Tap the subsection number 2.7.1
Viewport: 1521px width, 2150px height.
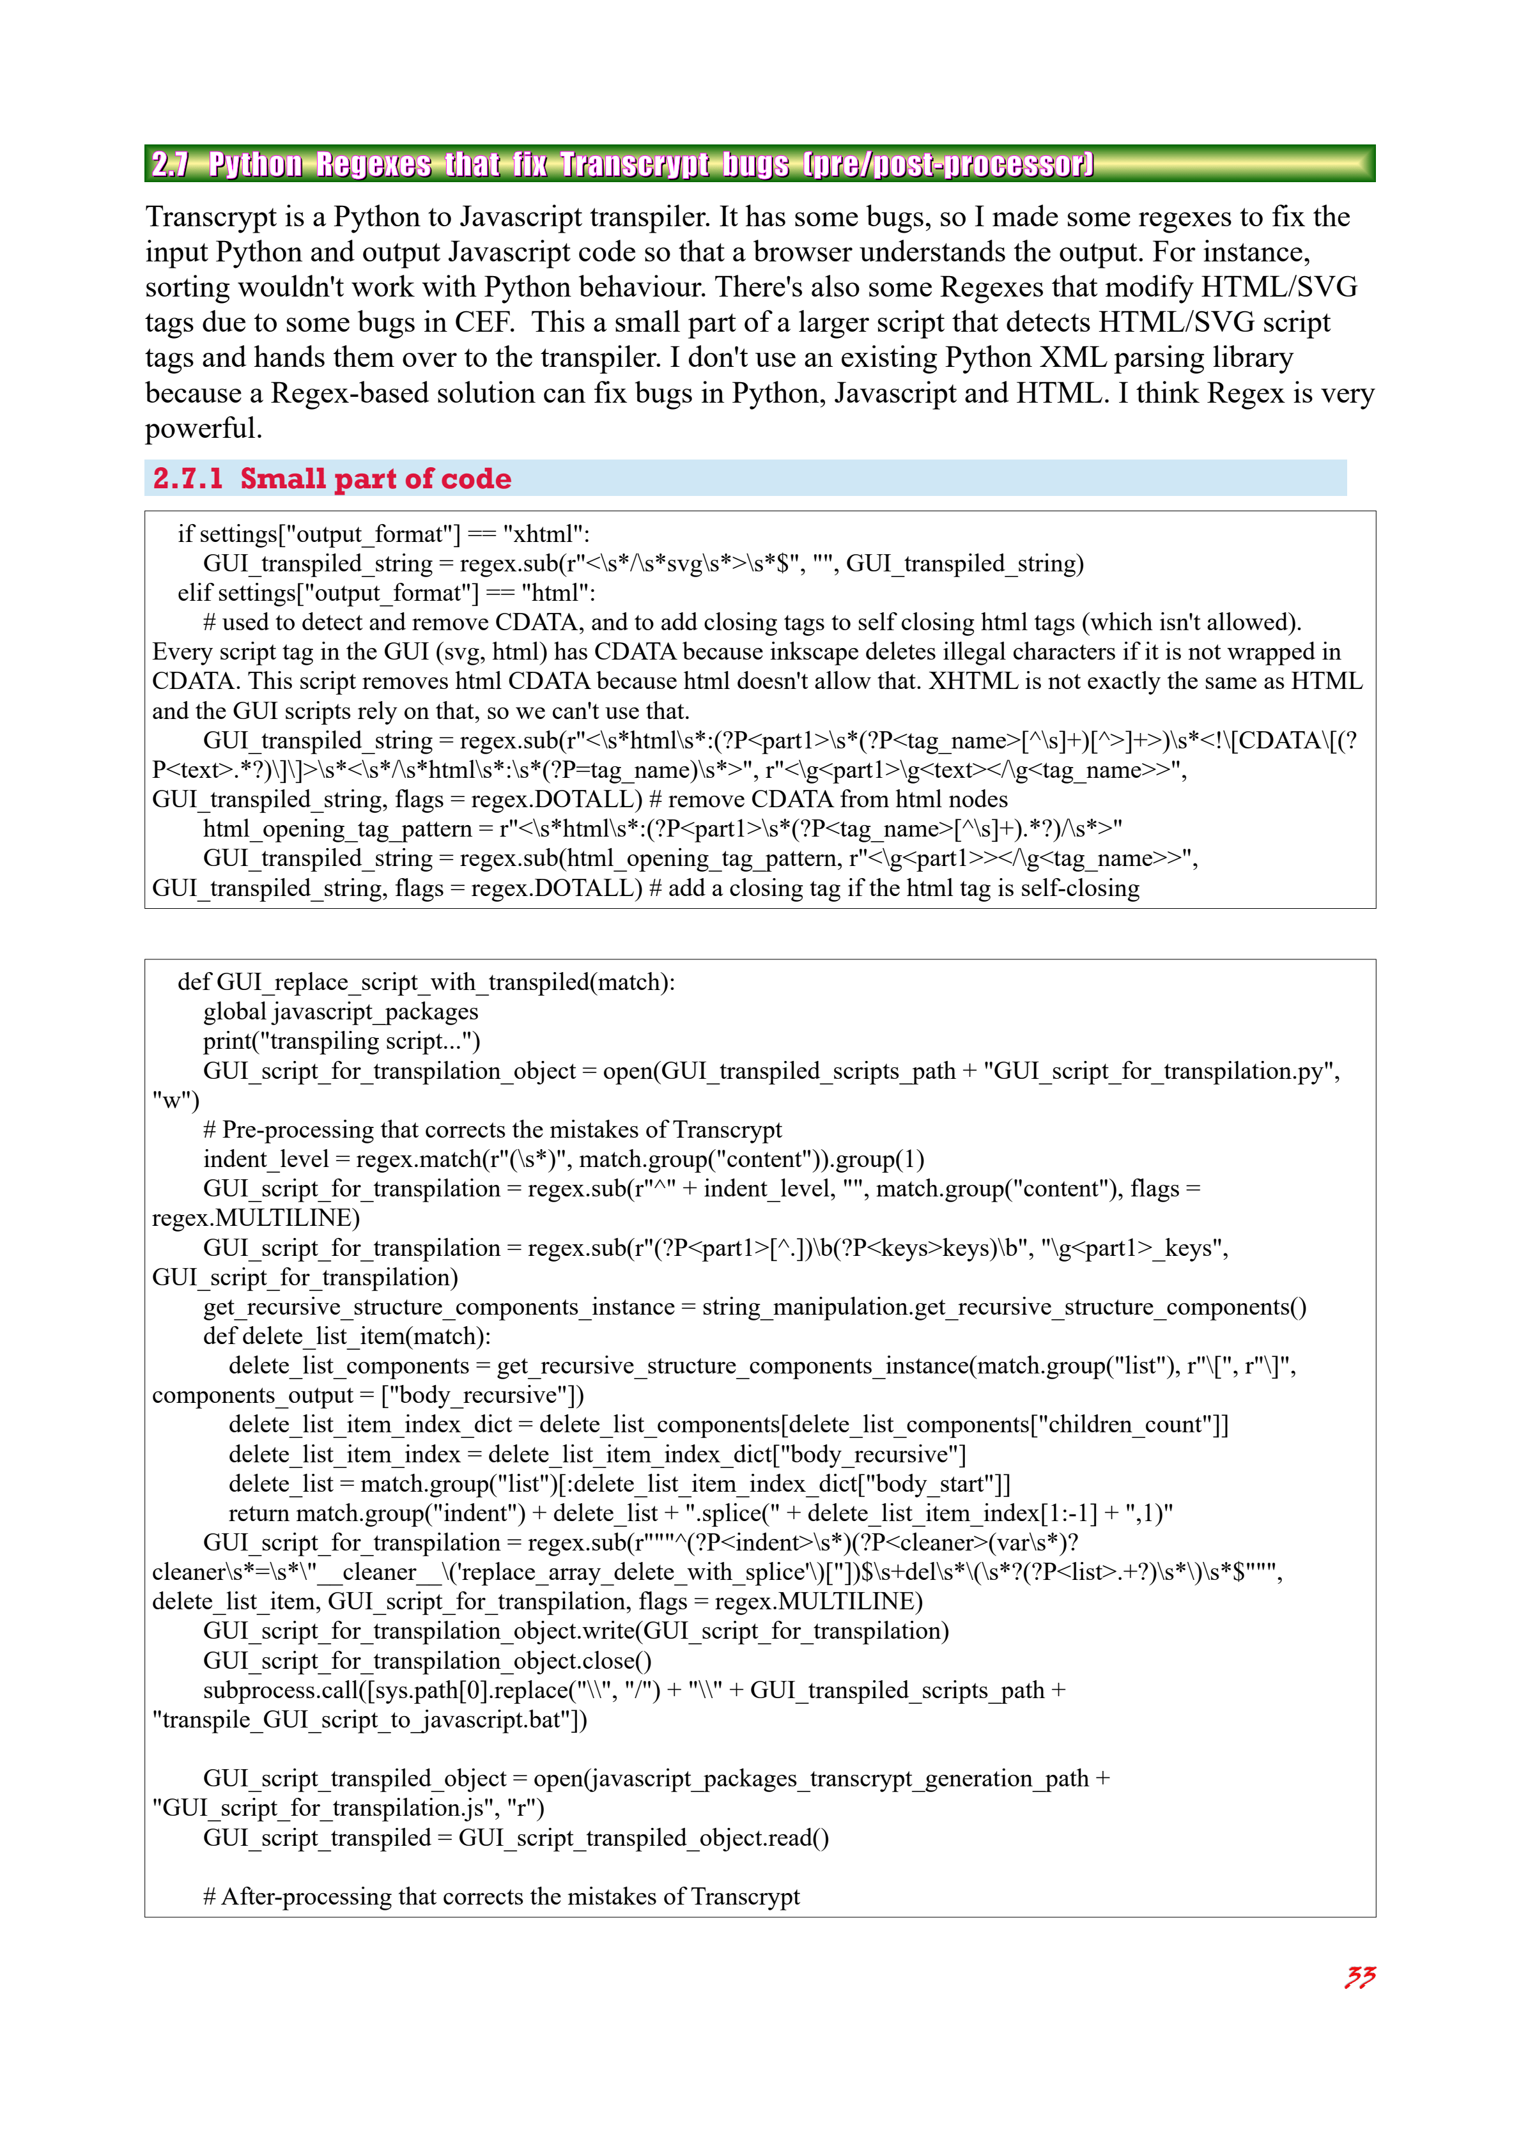click(187, 479)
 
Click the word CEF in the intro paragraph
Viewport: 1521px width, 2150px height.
click(483, 322)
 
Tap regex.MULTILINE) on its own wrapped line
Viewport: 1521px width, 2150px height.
click(256, 1218)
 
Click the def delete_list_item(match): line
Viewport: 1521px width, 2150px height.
click(346, 1336)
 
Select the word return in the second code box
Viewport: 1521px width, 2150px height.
click(258, 1513)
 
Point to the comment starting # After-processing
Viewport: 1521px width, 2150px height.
click(501, 1896)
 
